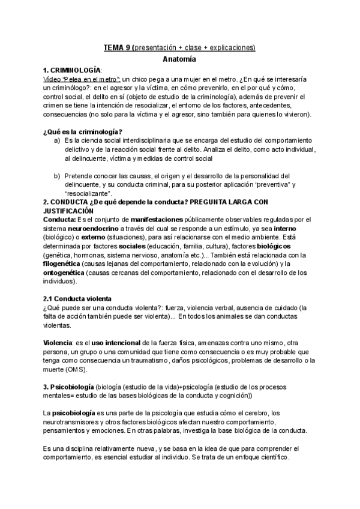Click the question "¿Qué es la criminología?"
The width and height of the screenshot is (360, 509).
pos(83,131)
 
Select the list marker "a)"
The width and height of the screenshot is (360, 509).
pos(57,140)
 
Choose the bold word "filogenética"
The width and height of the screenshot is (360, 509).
pos(64,264)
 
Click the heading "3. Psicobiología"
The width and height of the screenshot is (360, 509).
pos(76,386)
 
